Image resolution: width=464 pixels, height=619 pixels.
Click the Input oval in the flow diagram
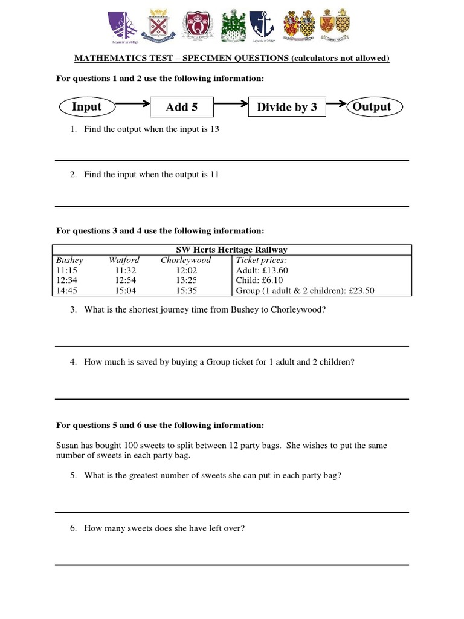pos(87,107)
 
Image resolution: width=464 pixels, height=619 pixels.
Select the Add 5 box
pos(182,108)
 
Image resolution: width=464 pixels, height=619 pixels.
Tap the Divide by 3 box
pos(287,108)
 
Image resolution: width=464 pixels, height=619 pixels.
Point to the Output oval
pos(372,107)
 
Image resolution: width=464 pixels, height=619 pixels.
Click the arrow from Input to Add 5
pos(133,103)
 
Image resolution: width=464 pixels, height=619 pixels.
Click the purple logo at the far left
pos(122,26)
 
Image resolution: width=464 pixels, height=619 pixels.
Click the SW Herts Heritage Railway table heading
pos(231,250)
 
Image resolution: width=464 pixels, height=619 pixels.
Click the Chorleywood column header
pos(185,260)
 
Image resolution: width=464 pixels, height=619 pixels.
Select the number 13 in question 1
pos(214,129)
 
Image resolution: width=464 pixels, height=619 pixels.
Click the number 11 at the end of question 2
pos(214,174)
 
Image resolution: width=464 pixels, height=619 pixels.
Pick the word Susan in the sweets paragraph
pos(67,445)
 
